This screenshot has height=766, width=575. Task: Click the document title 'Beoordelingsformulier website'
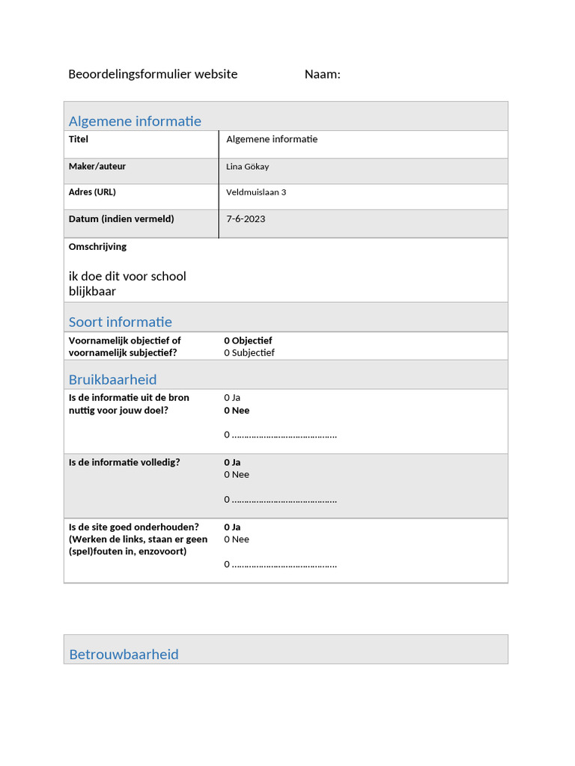point(153,74)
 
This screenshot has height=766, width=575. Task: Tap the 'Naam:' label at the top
point(322,74)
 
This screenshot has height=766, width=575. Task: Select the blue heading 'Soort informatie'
point(121,322)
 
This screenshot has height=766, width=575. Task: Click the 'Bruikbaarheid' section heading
point(113,379)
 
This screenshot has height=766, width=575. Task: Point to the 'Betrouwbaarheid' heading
point(124,654)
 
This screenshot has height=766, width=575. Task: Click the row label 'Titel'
point(79,139)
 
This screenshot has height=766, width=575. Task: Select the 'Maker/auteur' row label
point(97,166)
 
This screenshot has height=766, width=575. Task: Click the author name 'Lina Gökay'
point(247,167)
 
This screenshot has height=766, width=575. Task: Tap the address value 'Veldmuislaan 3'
point(256,192)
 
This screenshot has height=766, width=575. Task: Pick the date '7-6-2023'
point(246,219)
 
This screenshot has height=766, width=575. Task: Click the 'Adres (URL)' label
point(92,192)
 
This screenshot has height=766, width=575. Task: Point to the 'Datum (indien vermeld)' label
point(121,219)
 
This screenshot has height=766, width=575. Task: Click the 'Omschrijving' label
point(97,247)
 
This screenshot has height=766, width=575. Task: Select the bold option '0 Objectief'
point(248,340)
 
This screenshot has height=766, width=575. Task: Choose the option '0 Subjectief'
point(249,352)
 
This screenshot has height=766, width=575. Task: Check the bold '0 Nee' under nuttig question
point(237,410)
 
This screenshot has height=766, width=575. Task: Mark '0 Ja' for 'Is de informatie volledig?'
point(232,462)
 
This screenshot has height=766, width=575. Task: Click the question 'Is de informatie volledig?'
point(124,462)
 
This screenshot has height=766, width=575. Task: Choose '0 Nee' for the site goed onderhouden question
point(237,539)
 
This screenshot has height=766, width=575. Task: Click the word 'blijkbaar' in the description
point(92,291)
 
